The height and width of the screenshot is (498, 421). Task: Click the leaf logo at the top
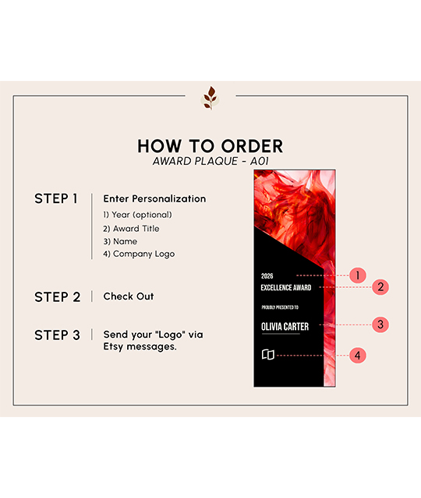(210, 98)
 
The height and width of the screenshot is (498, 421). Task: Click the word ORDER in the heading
(252, 146)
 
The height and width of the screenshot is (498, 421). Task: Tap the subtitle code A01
(260, 161)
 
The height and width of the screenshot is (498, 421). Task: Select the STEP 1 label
(56, 199)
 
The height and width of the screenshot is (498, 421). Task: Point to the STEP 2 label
(57, 297)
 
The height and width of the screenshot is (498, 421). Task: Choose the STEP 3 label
(57, 335)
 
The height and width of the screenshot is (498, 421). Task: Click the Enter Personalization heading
(154, 199)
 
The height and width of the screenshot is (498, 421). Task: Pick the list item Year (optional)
(137, 215)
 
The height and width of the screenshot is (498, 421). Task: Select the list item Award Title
(131, 229)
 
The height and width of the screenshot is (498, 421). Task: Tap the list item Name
(120, 242)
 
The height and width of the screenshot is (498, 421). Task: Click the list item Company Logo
(139, 254)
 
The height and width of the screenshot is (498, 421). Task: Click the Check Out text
(129, 296)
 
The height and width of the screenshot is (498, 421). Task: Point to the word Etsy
(113, 347)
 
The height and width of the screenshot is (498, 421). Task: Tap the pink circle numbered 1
(358, 275)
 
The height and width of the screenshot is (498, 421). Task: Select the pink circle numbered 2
(380, 287)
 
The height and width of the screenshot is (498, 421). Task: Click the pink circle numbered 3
(380, 324)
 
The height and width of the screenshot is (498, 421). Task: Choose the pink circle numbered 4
(358, 356)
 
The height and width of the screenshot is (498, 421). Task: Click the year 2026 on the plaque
(267, 276)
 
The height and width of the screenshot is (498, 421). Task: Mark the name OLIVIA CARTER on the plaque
(285, 327)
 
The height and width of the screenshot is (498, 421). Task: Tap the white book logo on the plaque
(268, 355)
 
